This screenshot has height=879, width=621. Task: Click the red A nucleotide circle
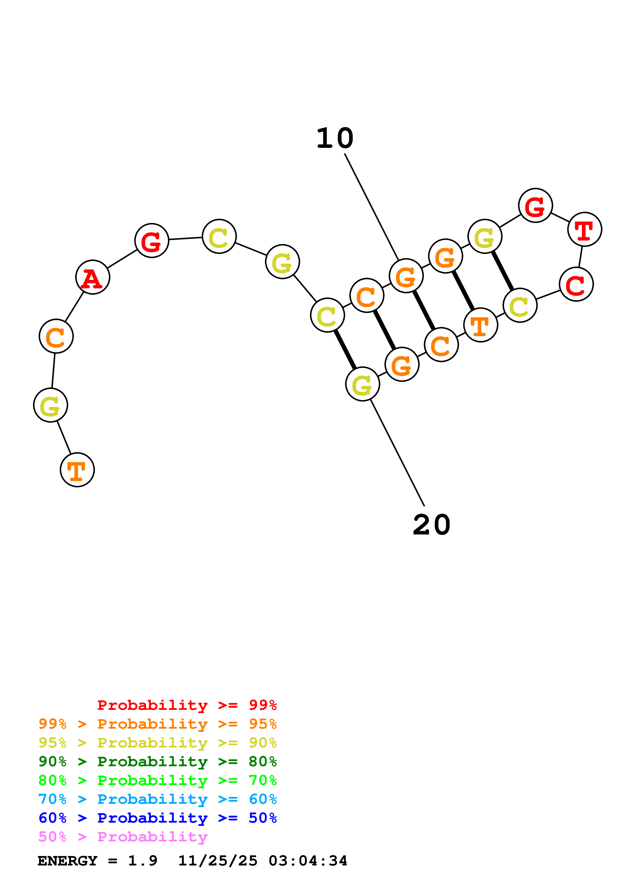pyautogui.click(x=93, y=277)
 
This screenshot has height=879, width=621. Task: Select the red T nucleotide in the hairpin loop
pyautogui.click(x=584, y=229)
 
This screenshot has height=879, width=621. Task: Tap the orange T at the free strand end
pyautogui.click(x=77, y=470)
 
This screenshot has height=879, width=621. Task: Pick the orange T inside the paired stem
pyautogui.click(x=480, y=325)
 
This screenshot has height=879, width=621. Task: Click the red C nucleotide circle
pyautogui.click(x=576, y=284)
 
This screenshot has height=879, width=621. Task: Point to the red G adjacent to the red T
pyautogui.click(x=535, y=205)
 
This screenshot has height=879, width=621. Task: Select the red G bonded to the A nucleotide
pyautogui.click(x=152, y=241)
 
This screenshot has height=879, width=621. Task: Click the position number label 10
pyautogui.click(x=335, y=139)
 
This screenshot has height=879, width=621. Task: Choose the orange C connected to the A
pyautogui.click(x=56, y=336)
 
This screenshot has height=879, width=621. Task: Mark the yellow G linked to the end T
pyautogui.click(x=51, y=405)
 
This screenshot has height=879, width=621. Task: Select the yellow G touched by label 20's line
pyautogui.click(x=362, y=384)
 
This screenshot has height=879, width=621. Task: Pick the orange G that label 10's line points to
pyautogui.click(x=406, y=276)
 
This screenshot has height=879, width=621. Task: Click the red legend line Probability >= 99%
pyautogui.click(x=187, y=705)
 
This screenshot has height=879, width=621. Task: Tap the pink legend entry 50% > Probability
pyautogui.click(x=123, y=836)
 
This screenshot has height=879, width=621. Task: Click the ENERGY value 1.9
pyautogui.click(x=142, y=861)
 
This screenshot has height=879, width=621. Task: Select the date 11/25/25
pyautogui.click(x=218, y=861)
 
